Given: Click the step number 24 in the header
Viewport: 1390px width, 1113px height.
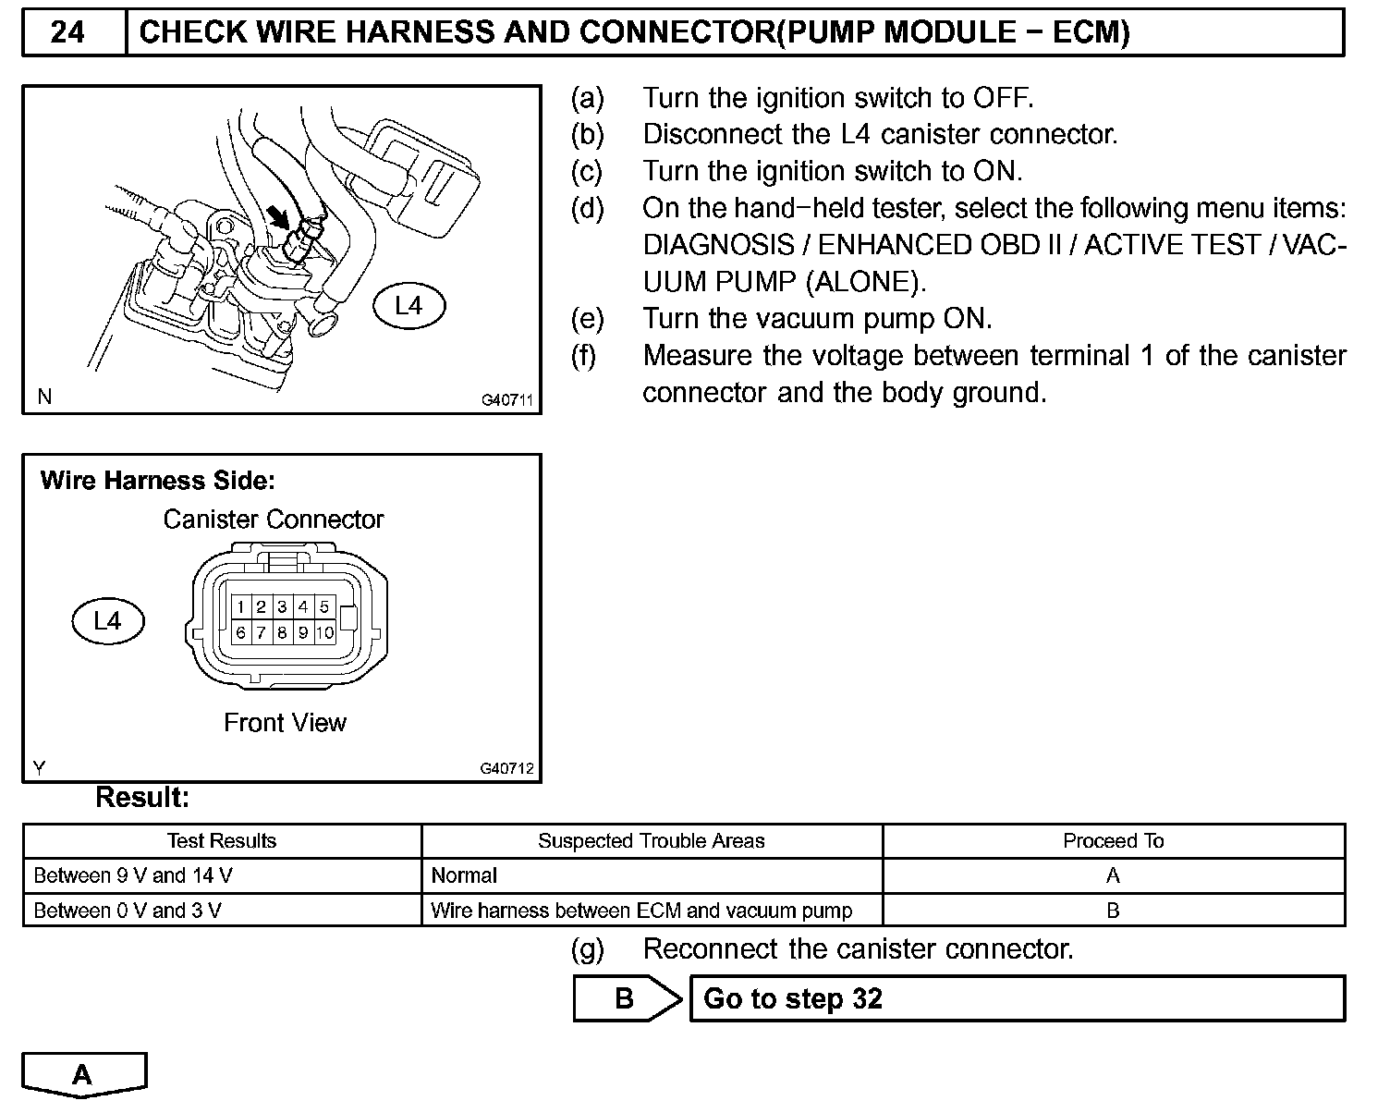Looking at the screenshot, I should (x=68, y=33).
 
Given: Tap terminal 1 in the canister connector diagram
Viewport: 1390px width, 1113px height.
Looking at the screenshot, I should (x=240, y=607).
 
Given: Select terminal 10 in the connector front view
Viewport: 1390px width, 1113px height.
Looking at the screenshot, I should (x=324, y=633).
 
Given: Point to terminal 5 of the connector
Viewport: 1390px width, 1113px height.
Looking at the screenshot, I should (x=324, y=607).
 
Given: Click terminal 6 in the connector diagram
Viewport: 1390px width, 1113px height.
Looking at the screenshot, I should (x=240, y=633).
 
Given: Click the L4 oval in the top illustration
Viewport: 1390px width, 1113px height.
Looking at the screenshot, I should (x=408, y=306).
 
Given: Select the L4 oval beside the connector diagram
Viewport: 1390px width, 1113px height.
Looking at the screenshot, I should (x=108, y=621).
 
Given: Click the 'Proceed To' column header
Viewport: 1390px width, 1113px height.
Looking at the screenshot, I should (x=1113, y=841).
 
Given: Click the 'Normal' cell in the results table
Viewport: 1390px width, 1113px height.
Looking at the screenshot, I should (x=464, y=875).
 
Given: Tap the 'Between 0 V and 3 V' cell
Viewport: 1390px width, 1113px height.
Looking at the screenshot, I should (x=128, y=911).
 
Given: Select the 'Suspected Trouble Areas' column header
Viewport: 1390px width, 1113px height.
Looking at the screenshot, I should (x=651, y=841).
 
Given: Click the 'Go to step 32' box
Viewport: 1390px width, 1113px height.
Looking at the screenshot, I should (x=1017, y=999).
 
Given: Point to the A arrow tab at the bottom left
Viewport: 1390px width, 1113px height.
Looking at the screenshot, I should (x=83, y=1074).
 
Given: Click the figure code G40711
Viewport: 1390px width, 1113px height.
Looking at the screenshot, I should (x=507, y=401).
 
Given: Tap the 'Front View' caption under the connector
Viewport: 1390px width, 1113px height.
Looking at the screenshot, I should (x=285, y=723).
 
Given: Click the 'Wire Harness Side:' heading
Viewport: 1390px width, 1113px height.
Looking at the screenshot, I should (x=158, y=481).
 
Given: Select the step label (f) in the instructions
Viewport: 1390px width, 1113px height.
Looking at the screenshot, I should (x=584, y=356).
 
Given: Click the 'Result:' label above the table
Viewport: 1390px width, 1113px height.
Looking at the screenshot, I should (x=142, y=798).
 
